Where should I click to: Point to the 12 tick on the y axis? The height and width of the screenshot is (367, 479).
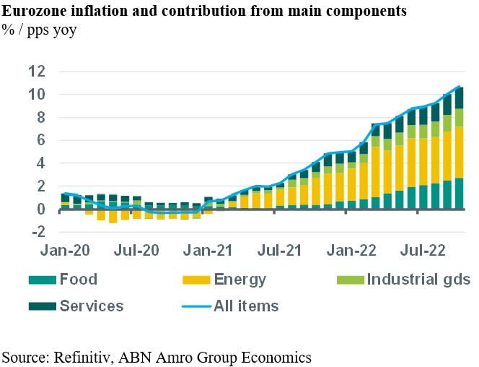coord(38,71)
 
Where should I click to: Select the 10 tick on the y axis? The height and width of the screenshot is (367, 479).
coord(38,94)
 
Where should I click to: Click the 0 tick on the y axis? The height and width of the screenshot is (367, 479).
coord(42,210)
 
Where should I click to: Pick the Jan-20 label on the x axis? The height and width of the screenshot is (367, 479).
coord(62,252)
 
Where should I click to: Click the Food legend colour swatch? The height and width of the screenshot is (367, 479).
coord(42,280)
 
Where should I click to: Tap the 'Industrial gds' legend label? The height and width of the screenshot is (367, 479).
coord(418,280)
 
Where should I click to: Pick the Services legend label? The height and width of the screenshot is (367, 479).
coord(92,306)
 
